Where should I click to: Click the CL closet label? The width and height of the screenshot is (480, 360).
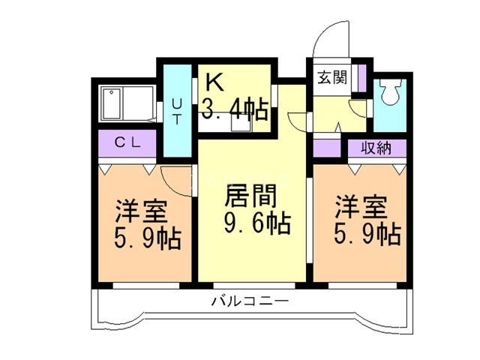(x=126, y=142)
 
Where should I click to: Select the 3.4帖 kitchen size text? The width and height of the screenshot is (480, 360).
(x=234, y=111)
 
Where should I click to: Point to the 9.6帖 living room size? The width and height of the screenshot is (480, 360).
(x=256, y=223)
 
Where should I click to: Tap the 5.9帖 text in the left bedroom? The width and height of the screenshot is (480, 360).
(x=146, y=239)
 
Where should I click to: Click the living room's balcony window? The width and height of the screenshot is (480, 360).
(x=252, y=286)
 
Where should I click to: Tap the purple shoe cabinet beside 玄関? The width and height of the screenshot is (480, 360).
(x=361, y=77)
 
